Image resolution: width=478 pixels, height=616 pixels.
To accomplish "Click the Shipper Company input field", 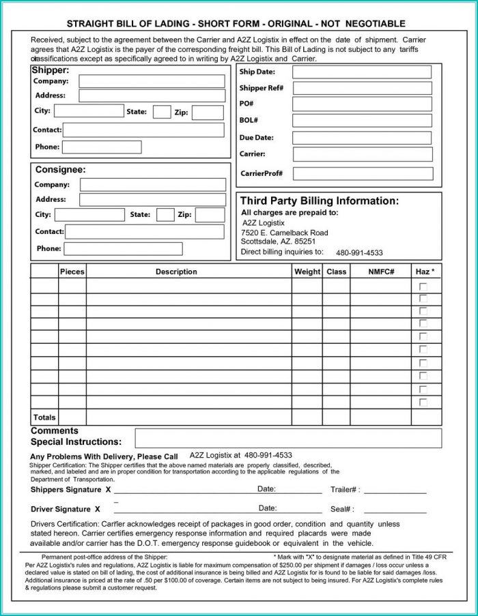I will (x=152, y=81).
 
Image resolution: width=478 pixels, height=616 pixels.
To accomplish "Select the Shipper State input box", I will (x=162, y=112).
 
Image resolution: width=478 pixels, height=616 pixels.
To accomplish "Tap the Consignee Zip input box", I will (x=210, y=215).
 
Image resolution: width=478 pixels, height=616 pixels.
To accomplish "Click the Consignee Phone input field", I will (x=124, y=249).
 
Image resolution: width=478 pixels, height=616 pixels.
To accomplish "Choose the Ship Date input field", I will (x=362, y=72).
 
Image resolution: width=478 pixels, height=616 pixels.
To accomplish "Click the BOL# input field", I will (x=362, y=121).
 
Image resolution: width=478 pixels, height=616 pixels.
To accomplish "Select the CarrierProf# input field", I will (x=363, y=173).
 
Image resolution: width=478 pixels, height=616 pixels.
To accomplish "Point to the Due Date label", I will (x=256, y=138).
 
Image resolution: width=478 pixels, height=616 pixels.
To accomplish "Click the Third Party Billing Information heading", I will (x=319, y=201).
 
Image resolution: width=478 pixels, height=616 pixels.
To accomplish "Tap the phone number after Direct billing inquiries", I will (x=359, y=253).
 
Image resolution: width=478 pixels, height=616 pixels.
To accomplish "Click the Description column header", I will (x=176, y=272).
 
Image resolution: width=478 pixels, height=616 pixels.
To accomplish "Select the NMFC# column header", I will (x=381, y=272).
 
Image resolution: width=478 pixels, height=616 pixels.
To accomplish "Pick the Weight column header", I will (x=307, y=272).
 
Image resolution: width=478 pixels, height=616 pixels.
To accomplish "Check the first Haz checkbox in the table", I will (x=423, y=286).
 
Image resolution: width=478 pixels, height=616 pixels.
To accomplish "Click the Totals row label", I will (x=44, y=417).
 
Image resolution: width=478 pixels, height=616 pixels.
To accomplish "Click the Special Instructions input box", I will (x=288, y=438).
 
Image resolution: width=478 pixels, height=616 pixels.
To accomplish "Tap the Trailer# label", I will (x=345, y=490).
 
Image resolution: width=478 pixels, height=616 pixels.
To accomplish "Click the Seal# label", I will (x=342, y=509).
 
